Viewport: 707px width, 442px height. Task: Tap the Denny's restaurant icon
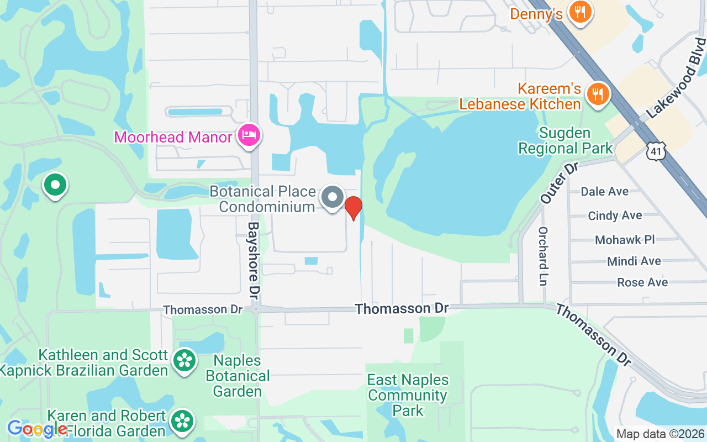coord(579,12)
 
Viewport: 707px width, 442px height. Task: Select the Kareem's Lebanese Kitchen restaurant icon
coord(597,93)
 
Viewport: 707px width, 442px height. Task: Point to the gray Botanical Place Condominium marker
coord(333,197)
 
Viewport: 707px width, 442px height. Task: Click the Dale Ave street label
coord(604,191)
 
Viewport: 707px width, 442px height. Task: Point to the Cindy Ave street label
coord(615,215)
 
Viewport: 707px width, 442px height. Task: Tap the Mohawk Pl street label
coord(625,240)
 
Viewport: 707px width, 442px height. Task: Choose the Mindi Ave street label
coord(634,261)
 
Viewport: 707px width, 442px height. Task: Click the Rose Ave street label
coord(642,282)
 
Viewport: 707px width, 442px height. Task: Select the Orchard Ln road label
coord(543,256)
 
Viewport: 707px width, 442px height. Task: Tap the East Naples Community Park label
coord(408,395)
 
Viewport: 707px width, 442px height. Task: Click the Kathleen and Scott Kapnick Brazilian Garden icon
coord(184,361)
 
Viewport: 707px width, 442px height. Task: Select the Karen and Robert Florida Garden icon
coord(182,421)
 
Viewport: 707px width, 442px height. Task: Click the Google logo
coord(36,428)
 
